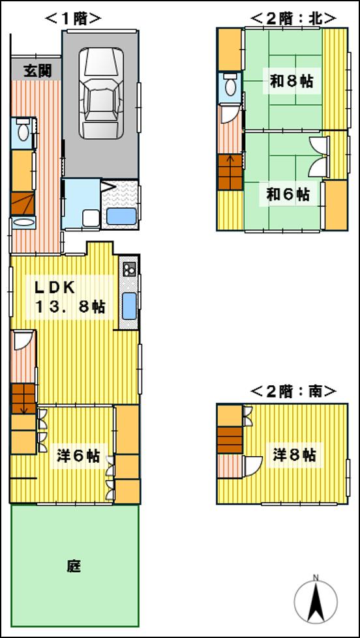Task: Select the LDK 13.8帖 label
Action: coord(69,297)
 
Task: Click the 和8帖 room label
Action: coord(291,81)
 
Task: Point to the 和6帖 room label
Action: coord(288,194)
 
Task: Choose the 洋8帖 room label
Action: coord(295,454)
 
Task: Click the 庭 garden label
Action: coord(74,566)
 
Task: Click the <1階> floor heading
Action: coord(73,19)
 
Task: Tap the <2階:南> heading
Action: coord(293,391)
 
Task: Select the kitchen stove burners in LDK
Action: coord(128,268)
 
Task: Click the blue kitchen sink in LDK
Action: coord(129,305)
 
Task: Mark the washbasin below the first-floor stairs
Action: coord(23,223)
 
